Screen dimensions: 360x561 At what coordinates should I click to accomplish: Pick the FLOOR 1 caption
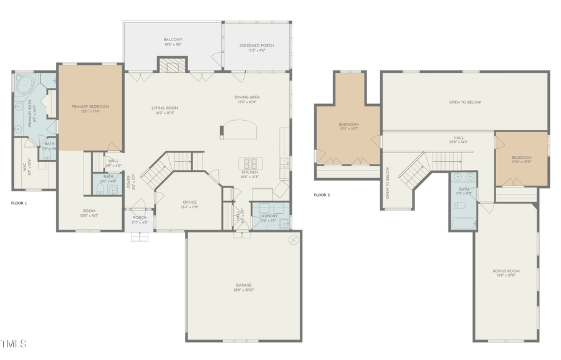click(19, 203)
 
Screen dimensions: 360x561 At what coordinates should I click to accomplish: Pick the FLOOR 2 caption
click(322, 195)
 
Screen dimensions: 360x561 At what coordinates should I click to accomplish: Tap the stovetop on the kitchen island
click(252, 164)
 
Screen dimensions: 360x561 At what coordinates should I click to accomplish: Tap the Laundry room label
click(269, 218)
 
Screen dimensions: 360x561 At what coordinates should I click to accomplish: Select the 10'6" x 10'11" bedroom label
click(521, 159)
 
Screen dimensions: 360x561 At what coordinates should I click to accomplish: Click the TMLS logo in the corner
click(14, 343)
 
